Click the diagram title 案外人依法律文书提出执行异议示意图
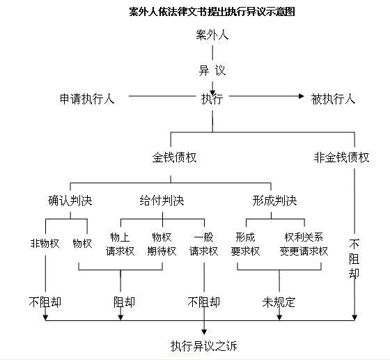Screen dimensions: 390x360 [212, 11]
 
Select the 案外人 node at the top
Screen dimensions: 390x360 [212, 35]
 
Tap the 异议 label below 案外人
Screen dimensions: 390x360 [212, 70]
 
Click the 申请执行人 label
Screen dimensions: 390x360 [87, 99]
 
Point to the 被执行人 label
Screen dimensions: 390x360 [333, 99]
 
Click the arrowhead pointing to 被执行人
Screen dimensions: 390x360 [301, 96]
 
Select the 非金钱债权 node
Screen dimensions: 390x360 [341, 157]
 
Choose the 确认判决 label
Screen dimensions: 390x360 [70, 201]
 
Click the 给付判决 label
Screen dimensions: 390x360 [162, 201]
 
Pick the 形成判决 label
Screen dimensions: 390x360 [274, 201]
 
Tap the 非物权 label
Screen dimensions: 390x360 [45, 243]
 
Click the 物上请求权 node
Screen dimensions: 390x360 [120, 244]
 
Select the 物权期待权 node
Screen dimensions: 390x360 [162, 244]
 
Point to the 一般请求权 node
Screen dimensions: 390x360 [203, 244]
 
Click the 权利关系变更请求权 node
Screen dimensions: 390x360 [304, 244]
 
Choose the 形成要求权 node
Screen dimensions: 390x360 [245, 244]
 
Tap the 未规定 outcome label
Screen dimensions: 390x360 [279, 302]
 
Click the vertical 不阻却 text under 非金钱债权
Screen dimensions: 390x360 [354, 258]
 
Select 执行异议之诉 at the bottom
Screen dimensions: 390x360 [203, 346]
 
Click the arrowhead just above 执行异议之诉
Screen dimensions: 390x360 [204, 332]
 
